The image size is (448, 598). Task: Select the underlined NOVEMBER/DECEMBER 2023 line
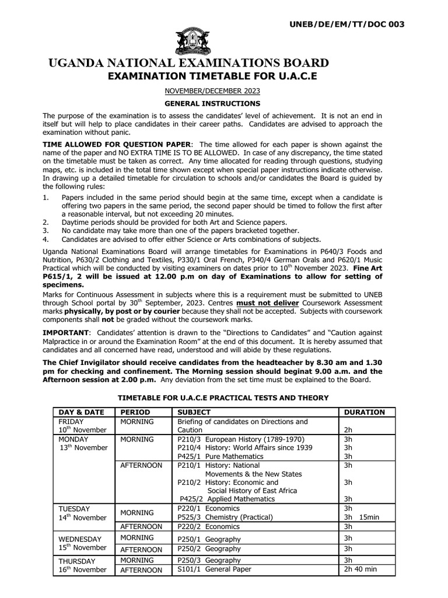pos(211,91)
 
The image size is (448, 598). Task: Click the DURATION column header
pos(364,412)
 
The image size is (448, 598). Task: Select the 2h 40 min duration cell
pos(360,569)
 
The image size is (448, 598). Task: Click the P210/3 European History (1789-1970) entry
pos(240,439)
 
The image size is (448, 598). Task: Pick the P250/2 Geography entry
pos(208,548)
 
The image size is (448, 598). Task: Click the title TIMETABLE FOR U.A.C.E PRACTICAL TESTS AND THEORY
pos(223,398)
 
